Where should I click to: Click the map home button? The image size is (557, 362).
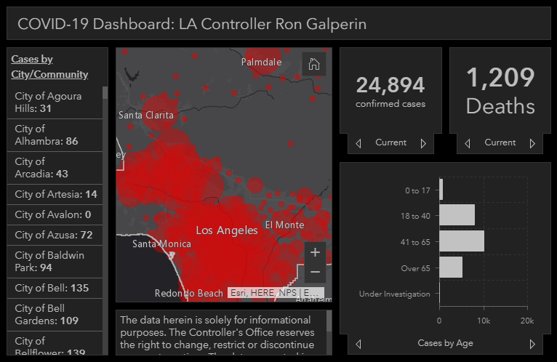click(314, 64)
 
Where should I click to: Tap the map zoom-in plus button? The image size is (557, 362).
click(315, 252)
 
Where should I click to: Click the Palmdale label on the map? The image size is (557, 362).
click(262, 62)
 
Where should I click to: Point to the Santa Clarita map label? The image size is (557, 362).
click(146, 115)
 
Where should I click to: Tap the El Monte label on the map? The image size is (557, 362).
click(284, 225)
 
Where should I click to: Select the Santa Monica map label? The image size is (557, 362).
click(161, 244)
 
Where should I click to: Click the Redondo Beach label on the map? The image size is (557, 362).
click(189, 293)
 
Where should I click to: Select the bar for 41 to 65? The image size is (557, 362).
click(462, 241)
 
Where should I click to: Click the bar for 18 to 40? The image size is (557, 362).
click(457, 215)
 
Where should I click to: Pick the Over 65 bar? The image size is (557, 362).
click(451, 268)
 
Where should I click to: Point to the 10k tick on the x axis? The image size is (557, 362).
click(484, 321)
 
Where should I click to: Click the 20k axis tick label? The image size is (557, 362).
click(527, 321)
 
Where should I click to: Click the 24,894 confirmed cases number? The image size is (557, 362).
click(390, 85)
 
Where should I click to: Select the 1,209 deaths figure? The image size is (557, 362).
click(500, 78)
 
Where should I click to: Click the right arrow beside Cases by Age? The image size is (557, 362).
click(532, 344)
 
